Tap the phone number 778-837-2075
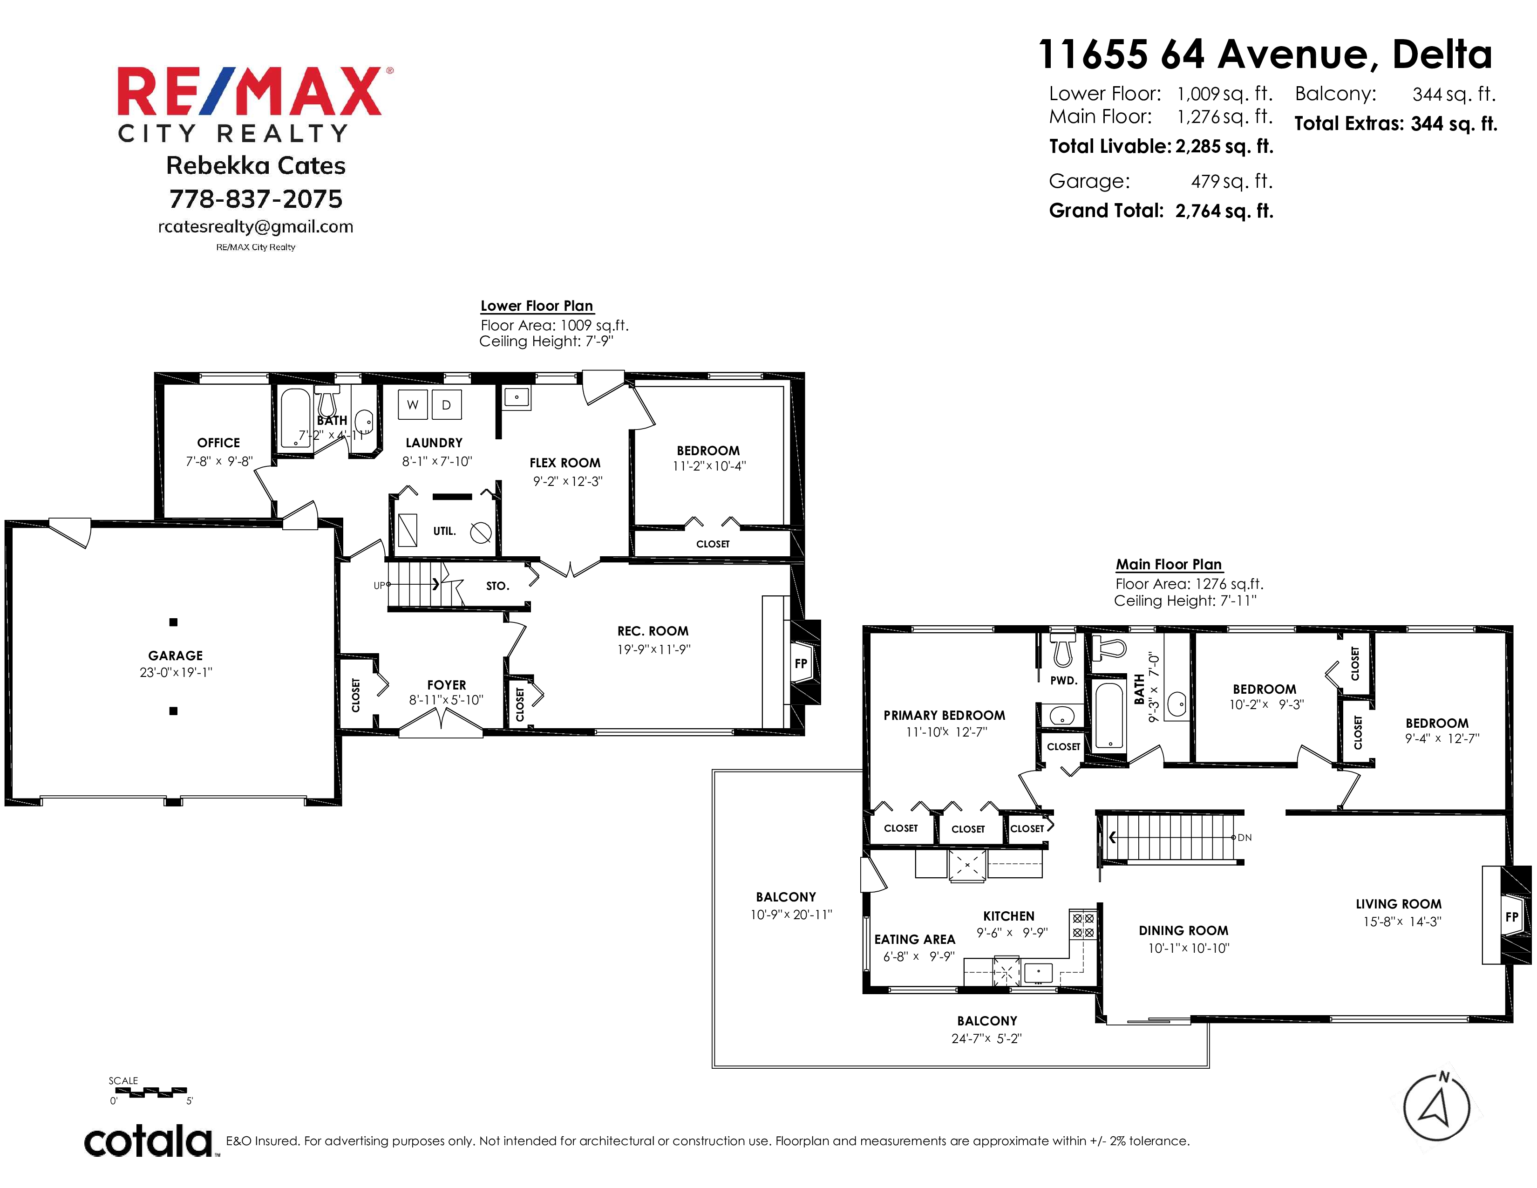point(255,199)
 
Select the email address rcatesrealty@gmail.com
point(255,226)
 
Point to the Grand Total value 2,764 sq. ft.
point(1224,211)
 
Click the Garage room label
point(175,655)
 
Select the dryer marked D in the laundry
point(446,405)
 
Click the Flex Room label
point(565,463)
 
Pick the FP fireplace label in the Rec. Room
point(801,663)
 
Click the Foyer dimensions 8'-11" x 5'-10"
point(446,700)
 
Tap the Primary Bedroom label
point(945,715)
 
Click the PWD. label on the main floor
point(1063,681)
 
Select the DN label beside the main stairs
point(1244,838)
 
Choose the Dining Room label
point(1183,930)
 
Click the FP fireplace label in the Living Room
point(1512,917)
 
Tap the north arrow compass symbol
point(1436,1107)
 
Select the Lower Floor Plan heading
point(537,306)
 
